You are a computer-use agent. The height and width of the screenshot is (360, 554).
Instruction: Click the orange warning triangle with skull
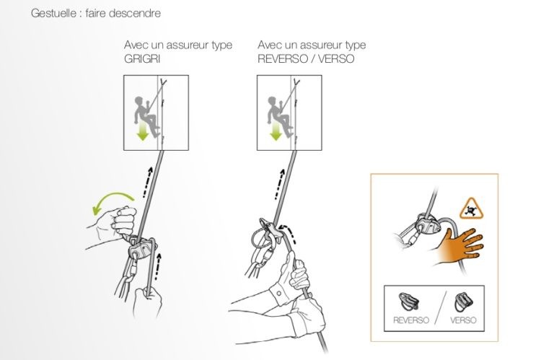tap(471, 209)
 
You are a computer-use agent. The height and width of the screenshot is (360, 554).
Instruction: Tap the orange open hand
tap(459, 248)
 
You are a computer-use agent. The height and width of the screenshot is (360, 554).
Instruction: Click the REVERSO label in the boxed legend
tap(411, 320)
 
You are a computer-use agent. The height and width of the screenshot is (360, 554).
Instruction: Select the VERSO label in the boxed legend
tap(463, 320)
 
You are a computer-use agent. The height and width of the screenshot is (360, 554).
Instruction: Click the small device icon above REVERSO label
tap(409, 302)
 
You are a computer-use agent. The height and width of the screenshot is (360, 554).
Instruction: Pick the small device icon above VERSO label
tap(463, 302)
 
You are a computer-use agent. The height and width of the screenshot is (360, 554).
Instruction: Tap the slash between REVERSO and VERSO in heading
tap(312, 58)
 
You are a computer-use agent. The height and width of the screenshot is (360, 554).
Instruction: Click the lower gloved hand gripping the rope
tap(307, 315)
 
